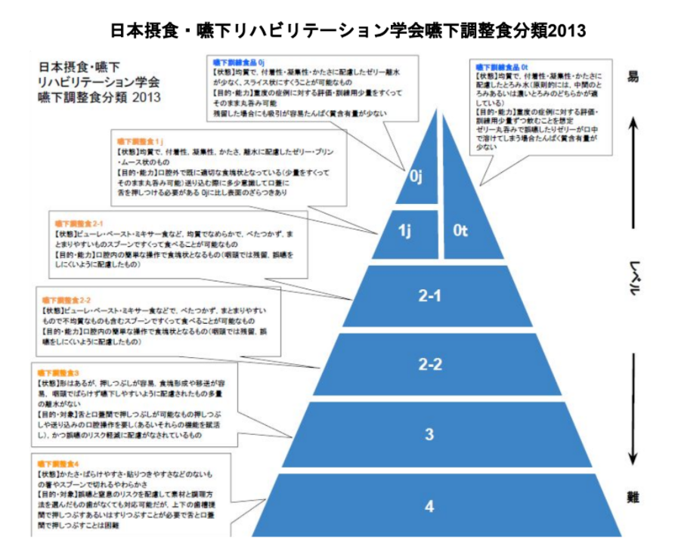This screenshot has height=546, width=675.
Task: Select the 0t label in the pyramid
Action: coord(461,231)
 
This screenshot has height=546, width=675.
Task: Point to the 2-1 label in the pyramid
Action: coord(429,296)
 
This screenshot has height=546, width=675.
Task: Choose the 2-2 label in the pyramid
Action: coord(429,365)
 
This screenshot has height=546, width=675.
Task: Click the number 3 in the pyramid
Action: coord(429,434)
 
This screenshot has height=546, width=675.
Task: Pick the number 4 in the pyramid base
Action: coord(429,506)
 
